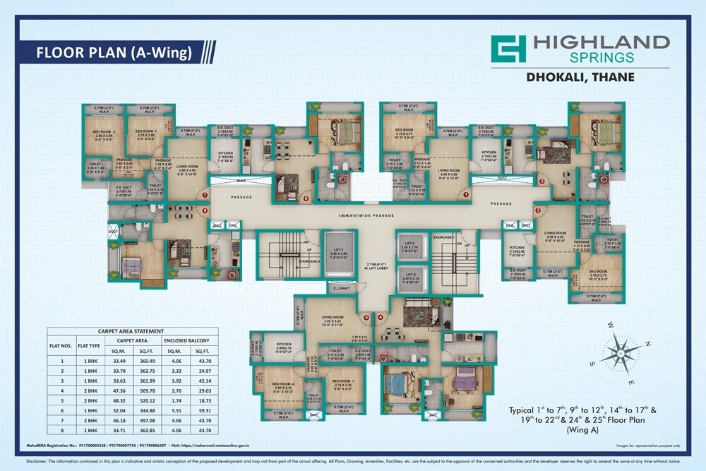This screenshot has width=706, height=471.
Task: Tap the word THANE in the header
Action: point(613,77)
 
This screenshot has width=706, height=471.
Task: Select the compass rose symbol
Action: point(618,348)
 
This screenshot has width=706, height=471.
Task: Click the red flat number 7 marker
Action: point(205,195)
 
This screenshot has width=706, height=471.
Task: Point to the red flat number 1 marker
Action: point(466,193)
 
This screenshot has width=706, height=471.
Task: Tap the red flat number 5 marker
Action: point(366,316)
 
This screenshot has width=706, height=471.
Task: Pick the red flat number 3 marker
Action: point(537,210)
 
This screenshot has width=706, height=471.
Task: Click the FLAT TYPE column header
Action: point(89,345)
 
